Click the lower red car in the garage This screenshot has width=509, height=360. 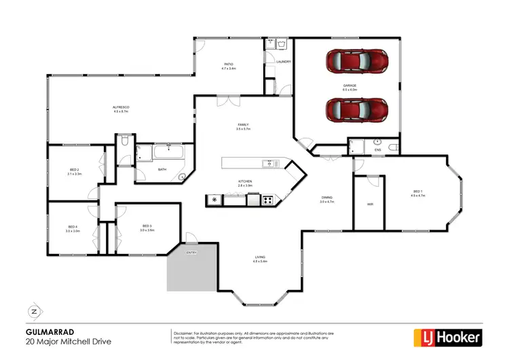point(357,109)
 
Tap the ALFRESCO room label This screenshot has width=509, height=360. point(121,107)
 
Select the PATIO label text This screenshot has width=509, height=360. point(229,65)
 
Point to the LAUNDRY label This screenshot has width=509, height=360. point(284,62)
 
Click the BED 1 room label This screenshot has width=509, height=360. point(417,192)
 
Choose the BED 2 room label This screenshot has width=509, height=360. point(75,170)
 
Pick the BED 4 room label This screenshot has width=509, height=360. point(73,227)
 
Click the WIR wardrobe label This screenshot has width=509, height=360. point(370,204)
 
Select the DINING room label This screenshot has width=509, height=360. point(327,198)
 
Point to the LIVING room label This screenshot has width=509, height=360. point(261,257)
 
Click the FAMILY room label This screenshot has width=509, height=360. point(243,125)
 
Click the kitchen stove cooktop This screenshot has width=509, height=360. point(267,200)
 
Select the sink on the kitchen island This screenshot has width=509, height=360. point(269,164)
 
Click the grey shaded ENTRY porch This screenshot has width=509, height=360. point(191,268)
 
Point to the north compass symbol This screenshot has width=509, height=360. point(33,312)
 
